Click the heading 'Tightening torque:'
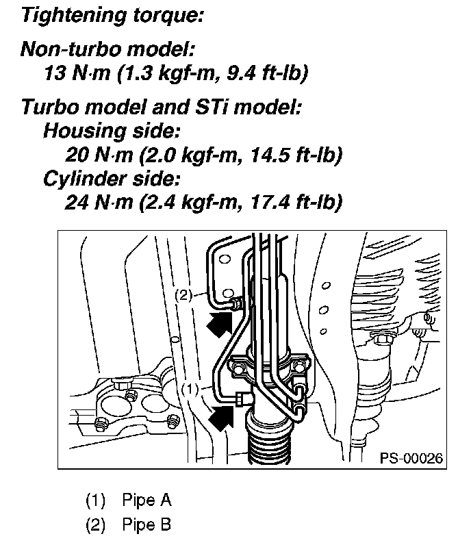(112, 16)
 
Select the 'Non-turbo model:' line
(107, 50)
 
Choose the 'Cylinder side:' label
(112, 179)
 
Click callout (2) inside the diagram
(183, 295)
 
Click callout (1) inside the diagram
(190, 388)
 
